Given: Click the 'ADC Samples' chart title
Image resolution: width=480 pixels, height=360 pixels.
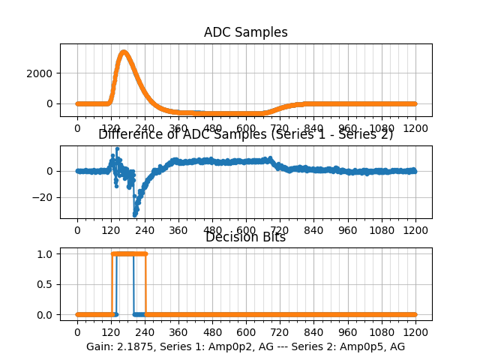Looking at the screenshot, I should coord(245,32).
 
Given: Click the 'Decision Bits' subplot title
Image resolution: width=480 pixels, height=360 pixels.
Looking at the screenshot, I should coord(245,237).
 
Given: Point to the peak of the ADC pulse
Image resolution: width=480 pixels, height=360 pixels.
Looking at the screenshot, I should coord(124,52).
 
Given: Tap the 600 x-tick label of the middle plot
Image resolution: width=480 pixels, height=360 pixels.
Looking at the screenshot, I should coord(246,230).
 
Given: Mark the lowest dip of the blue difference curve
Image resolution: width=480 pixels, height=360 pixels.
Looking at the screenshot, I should coord(135,214).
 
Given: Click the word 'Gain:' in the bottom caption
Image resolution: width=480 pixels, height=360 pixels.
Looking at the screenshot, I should coord(100,346).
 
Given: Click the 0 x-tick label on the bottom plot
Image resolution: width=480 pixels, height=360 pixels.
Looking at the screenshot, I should coord(77,332).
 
